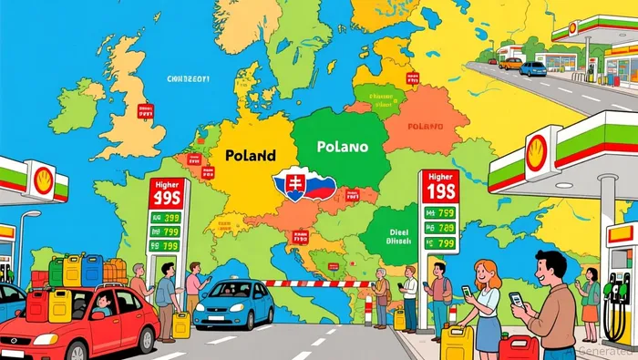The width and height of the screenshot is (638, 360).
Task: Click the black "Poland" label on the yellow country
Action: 249,156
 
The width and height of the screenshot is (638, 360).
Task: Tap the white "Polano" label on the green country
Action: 343,146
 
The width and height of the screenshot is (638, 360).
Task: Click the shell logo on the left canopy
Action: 42,180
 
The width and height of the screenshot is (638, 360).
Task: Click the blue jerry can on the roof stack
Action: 92,270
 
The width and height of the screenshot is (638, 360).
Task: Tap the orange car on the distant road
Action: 511,64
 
